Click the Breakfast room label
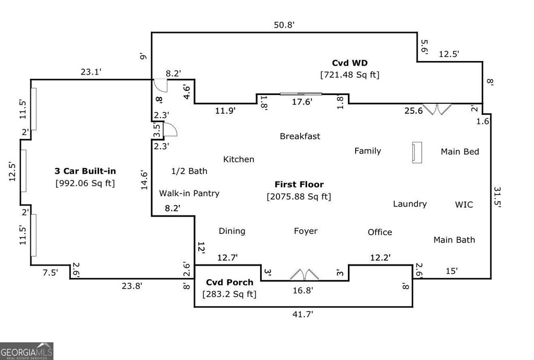click(300, 136)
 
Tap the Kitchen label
click(239, 159)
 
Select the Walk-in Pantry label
click(189, 193)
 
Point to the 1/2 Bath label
click(189, 171)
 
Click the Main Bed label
click(460, 152)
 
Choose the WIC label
click(464, 205)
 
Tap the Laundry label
click(410, 204)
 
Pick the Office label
click(380, 232)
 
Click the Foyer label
click(306, 231)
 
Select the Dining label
click(232, 231)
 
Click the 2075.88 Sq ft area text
click(299, 197)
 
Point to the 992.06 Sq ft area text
click(85, 183)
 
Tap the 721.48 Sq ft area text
click(350, 75)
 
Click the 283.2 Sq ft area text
click(229, 294)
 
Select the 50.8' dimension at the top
click(288, 24)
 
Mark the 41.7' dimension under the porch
click(304, 314)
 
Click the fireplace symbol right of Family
click(417, 152)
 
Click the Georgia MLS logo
click(27, 351)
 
